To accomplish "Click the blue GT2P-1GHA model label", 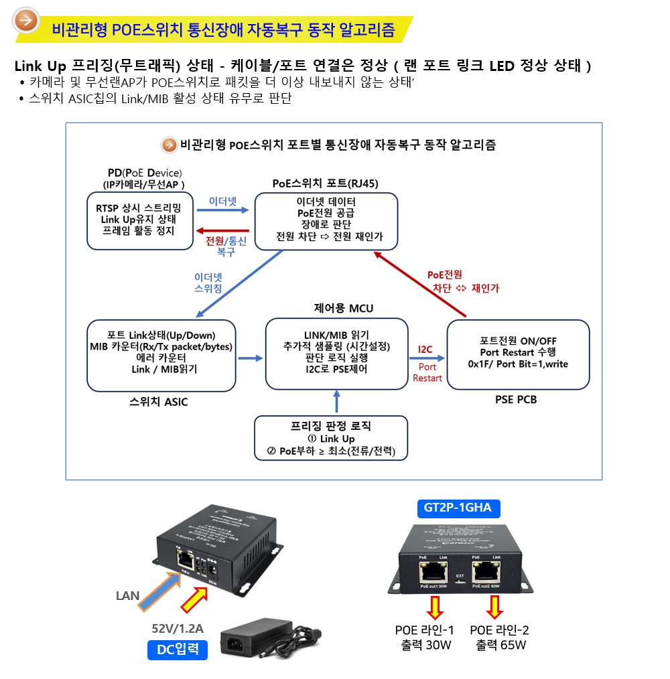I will (458, 508).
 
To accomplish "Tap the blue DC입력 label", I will (178, 649).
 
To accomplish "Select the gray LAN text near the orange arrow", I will (128, 595).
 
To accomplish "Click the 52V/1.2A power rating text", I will (178, 628).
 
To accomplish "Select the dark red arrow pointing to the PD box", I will (222, 231).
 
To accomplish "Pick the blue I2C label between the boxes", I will (425, 350).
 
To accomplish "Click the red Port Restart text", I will (427, 372).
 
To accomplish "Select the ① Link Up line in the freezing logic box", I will (330, 439).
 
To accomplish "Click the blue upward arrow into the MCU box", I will (337, 402).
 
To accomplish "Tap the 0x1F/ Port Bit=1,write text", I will (518, 364).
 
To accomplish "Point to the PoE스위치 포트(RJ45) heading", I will (325, 183).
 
